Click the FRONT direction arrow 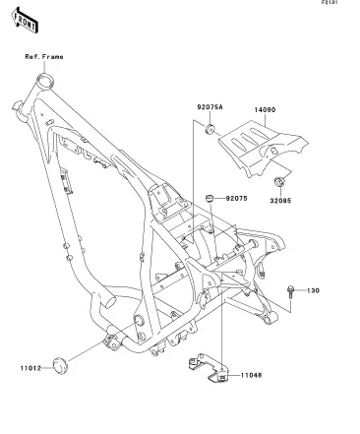25,21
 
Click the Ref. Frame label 44,57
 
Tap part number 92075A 210,107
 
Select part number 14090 265,109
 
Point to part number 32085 280,201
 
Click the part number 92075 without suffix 237,199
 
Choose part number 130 314,290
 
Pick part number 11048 252,375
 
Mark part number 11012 31,368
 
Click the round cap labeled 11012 60,365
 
